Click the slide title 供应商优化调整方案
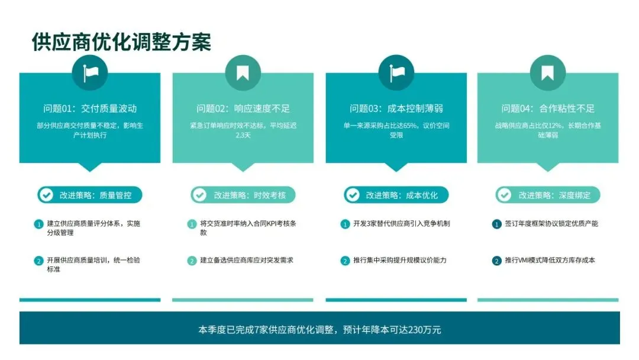pos(121,42)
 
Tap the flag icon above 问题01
pos(90,73)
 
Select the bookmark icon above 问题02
pos(243,73)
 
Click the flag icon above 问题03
pos(396,73)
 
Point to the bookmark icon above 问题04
pos(548,73)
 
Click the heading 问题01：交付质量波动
pos(90,108)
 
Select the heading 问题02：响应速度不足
pos(243,108)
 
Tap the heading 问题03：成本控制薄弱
pos(396,108)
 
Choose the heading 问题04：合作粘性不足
pos(548,108)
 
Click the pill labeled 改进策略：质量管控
pos(90,195)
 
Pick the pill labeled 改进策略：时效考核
pos(243,195)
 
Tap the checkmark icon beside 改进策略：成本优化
pos(353,195)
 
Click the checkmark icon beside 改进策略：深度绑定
pos(504,195)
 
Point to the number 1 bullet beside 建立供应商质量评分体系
pos(38,224)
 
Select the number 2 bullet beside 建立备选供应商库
pos(192,261)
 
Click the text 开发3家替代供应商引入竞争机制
pos(402,224)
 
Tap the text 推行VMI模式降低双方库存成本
pos(550,260)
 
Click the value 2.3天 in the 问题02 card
pos(243,135)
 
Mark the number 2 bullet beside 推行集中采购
pos(345,261)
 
